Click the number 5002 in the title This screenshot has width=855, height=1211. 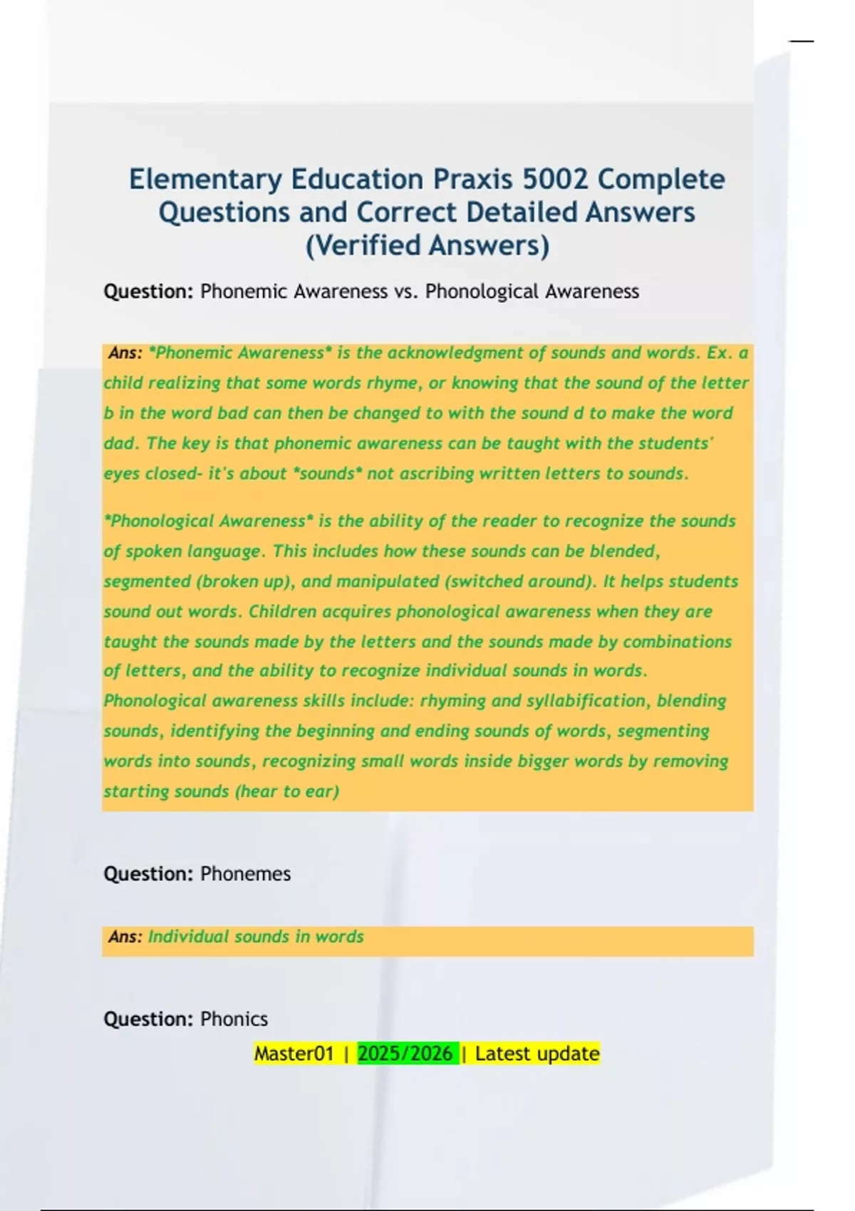[x=555, y=179]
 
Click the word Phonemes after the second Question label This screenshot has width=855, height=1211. [x=245, y=873]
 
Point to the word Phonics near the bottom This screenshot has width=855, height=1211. [x=234, y=1019]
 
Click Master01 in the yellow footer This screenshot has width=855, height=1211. [x=294, y=1054]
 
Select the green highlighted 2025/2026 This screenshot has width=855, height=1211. [x=405, y=1054]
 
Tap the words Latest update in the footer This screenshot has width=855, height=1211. [x=537, y=1054]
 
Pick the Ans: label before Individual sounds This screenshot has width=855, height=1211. [x=125, y=937]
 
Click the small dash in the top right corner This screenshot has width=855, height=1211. [x=801, y=41]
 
